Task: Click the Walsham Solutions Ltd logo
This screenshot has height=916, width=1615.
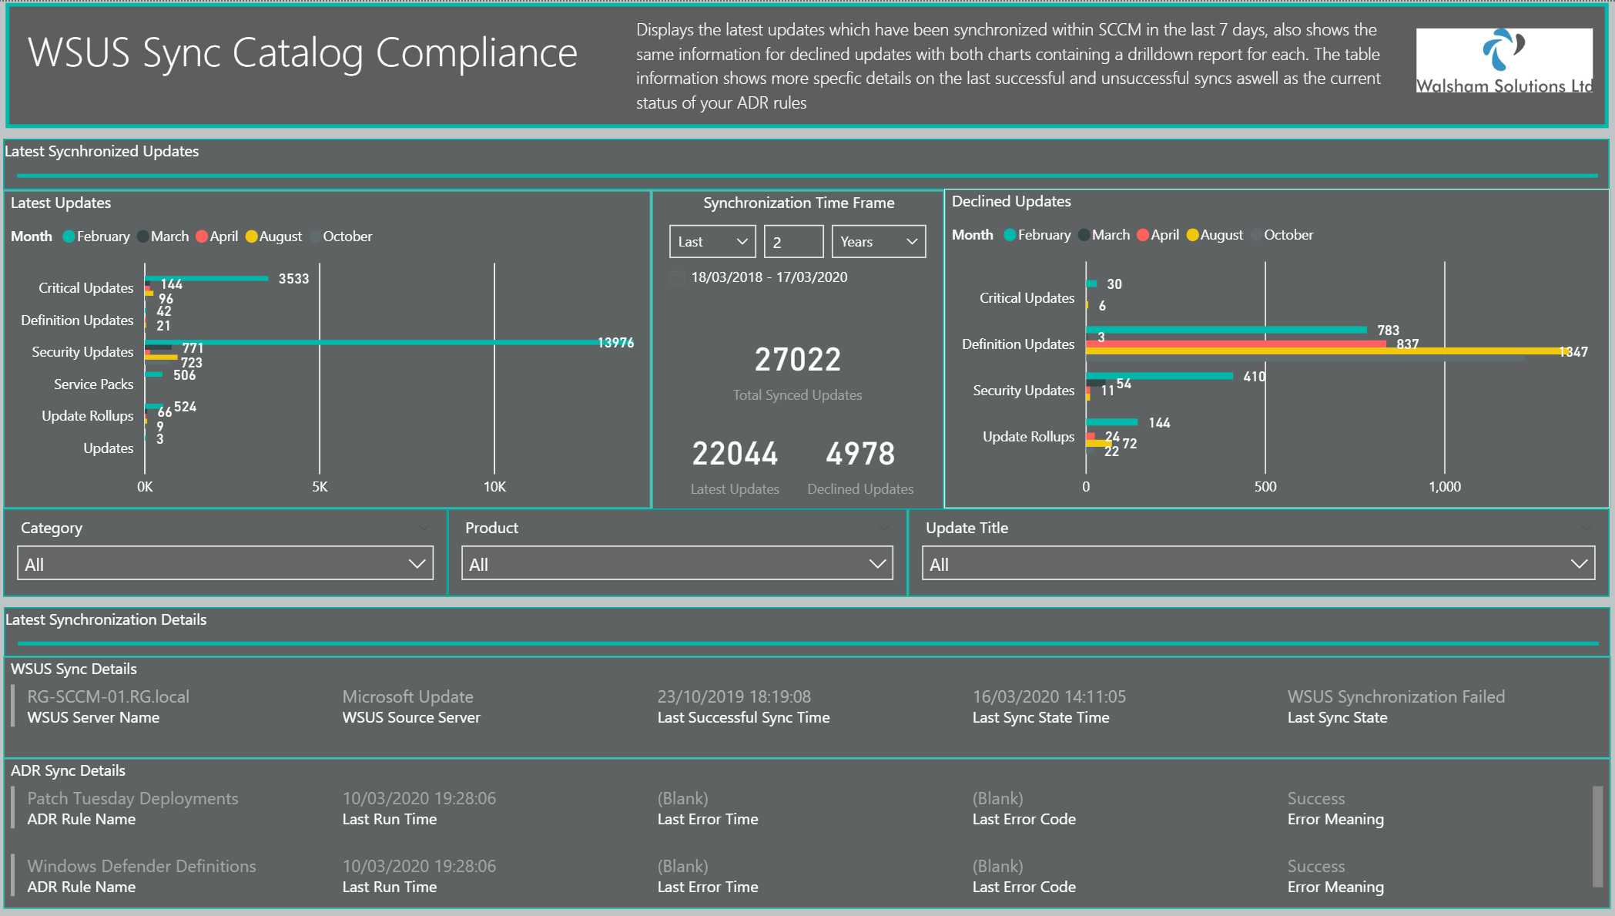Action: [1503, 61]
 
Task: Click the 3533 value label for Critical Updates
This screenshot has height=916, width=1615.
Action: [293, 279]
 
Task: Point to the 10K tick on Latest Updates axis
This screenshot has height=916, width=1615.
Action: [494, 487]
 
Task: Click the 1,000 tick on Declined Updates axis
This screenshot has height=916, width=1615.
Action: [1444, 487]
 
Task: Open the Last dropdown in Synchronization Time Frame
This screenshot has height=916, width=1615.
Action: [712, 242]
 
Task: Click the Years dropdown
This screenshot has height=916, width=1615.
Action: [878, 242]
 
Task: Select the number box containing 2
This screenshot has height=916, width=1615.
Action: [793, 242]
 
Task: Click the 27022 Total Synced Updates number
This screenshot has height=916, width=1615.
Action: [797, 360]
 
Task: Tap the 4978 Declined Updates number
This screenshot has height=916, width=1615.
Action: [860, 454]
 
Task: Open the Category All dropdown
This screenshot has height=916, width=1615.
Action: [225, 564]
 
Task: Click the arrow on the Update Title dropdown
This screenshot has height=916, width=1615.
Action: [1578, 564]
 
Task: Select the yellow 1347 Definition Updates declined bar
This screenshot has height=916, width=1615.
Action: [1309, 351]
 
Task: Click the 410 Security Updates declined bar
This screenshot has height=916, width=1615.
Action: [1159, 376]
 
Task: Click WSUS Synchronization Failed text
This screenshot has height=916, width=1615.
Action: [1396, 696]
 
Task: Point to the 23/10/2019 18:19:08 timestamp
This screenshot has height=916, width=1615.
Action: [733, 696]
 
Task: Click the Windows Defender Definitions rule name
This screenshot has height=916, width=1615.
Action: [142, 866]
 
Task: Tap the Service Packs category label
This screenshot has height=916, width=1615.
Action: [93, 384]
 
